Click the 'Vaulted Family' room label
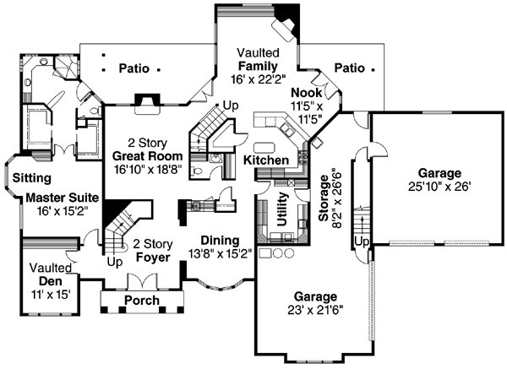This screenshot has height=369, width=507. [258, 58]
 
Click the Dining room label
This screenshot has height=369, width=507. [218, 240]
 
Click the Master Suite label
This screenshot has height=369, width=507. [57, 197]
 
